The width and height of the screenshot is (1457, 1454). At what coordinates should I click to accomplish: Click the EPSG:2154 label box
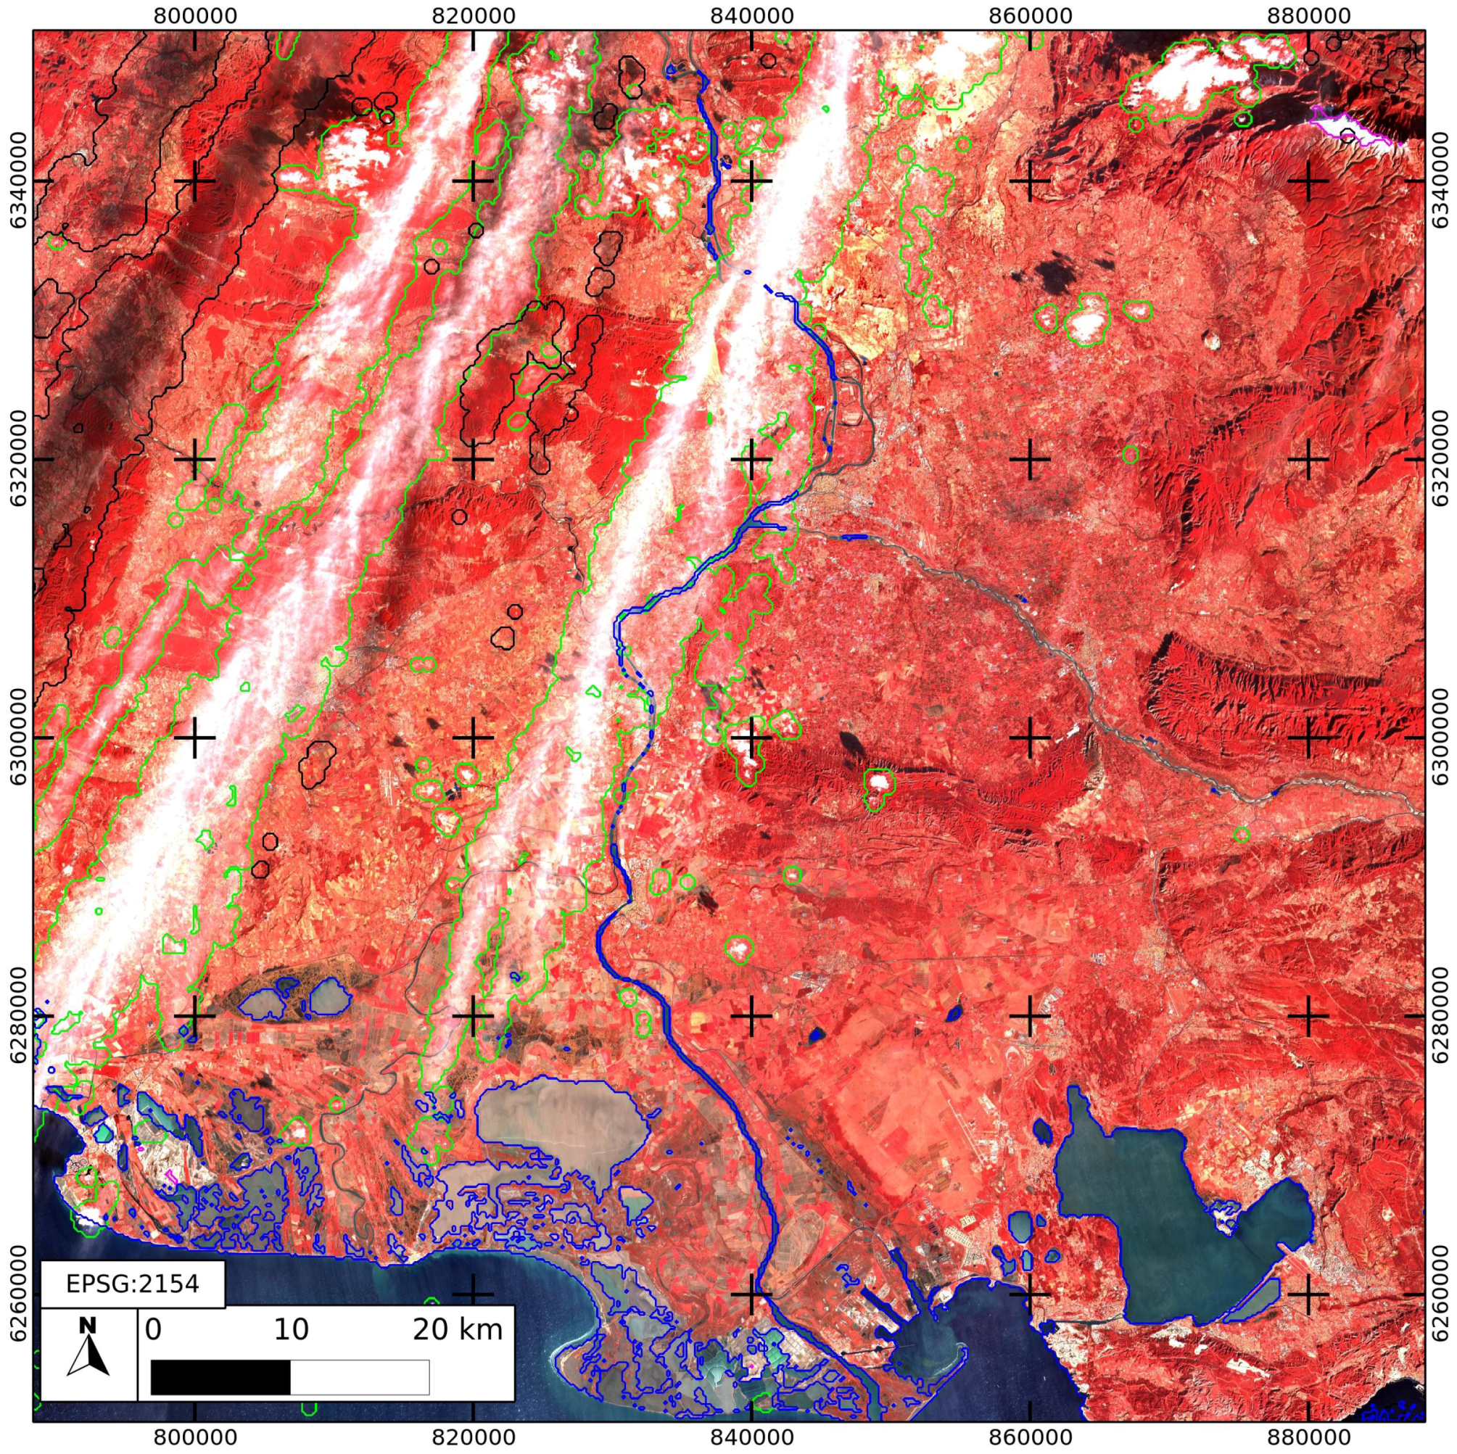pos(132,1284)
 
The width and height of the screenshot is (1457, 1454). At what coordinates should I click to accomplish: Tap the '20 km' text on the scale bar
pos(457,1329)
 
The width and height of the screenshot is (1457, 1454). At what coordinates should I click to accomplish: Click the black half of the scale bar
pos(220,1377)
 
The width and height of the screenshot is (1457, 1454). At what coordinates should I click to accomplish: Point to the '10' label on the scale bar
pos(291,1329)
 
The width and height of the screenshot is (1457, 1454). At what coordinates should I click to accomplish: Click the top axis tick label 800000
pos(195,15)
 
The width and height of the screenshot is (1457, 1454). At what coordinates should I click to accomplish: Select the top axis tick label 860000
pos(1030,15)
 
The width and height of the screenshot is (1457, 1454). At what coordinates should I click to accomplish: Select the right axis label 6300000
pos(1442,738)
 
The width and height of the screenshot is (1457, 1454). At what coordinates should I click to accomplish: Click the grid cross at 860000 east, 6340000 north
pos(1030,181)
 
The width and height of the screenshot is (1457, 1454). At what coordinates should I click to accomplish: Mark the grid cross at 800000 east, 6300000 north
pos(195,738)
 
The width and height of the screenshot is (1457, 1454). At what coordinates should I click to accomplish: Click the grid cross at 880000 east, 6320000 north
pos(1308,458)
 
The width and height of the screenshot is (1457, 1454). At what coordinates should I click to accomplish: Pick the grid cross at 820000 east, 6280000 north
pos(473,1015)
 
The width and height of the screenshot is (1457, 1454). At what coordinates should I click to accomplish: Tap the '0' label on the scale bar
pos(153,1329)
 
